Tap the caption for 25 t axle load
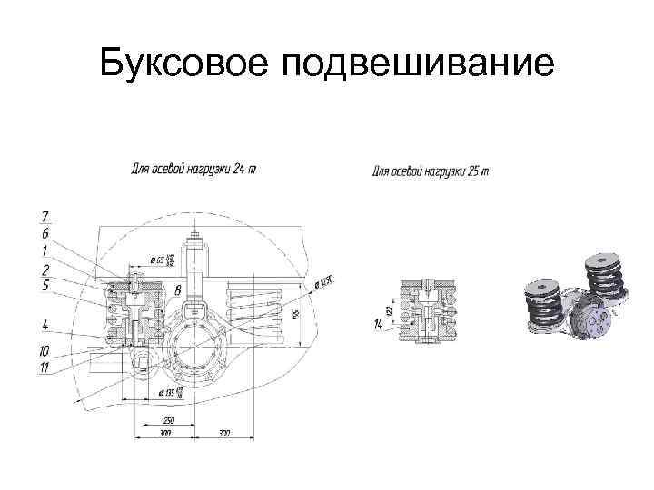(x=431, y=171)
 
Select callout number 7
(x=45, y=216)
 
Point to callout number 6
(x=45, y=233)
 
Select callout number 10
(x=45, y=350)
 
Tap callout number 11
(x=45, y=367)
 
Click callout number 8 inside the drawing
(x=178, y=289)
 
